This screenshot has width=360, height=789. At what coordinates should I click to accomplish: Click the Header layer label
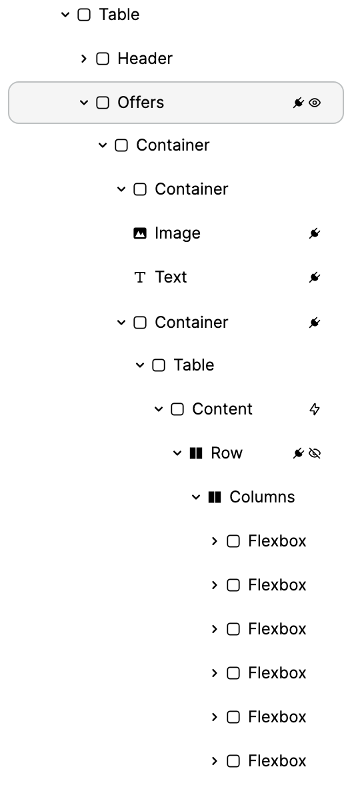145,59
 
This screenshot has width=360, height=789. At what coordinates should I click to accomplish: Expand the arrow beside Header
83,59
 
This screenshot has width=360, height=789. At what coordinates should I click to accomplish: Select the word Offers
141,102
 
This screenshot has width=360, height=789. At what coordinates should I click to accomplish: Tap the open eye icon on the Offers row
315,103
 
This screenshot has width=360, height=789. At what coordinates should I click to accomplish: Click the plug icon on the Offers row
299,103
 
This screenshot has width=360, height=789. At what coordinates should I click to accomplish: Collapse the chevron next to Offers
83,103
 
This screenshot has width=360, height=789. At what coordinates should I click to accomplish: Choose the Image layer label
177,233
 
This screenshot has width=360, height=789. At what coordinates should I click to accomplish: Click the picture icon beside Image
140,233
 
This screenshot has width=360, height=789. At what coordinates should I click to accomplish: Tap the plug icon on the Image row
315,233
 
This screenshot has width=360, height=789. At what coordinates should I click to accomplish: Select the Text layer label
171,277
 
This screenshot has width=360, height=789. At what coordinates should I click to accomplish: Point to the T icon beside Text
140,277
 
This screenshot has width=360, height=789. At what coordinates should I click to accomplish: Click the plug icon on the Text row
315,277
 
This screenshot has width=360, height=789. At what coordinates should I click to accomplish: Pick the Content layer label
222,409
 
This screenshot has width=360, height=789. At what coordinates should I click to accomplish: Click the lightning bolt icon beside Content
315,409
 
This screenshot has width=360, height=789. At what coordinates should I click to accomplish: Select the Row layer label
227,453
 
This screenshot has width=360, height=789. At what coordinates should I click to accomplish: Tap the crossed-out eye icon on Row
315,453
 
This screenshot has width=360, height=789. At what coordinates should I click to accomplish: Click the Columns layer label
262,496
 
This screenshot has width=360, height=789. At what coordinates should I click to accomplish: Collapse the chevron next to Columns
196,497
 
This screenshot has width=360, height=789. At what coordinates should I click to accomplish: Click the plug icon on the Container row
315,323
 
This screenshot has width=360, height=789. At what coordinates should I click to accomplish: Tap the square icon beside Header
103,59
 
